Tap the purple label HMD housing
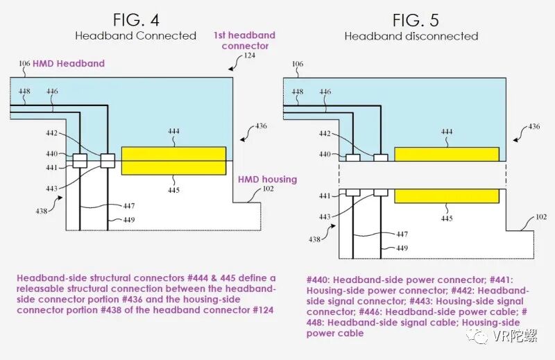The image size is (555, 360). pos(267,180)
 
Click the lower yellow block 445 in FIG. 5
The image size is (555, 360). pos(446,196)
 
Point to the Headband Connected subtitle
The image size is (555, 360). pos(135,36)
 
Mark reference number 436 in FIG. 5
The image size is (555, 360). pos(532,126)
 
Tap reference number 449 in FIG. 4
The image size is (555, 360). pos(129,221)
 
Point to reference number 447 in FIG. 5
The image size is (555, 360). pos(401,234)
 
